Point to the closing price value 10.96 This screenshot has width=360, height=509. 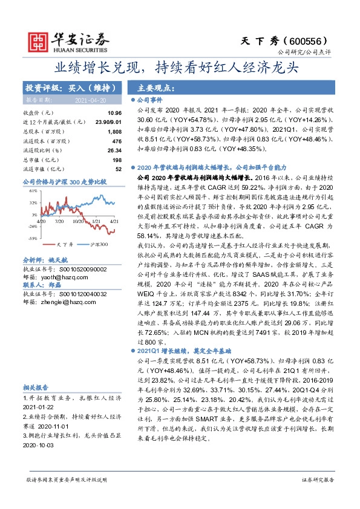coord(114,112)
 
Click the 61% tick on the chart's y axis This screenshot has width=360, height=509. coord(32,190)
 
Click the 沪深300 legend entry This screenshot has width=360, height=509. coord(99,245)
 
